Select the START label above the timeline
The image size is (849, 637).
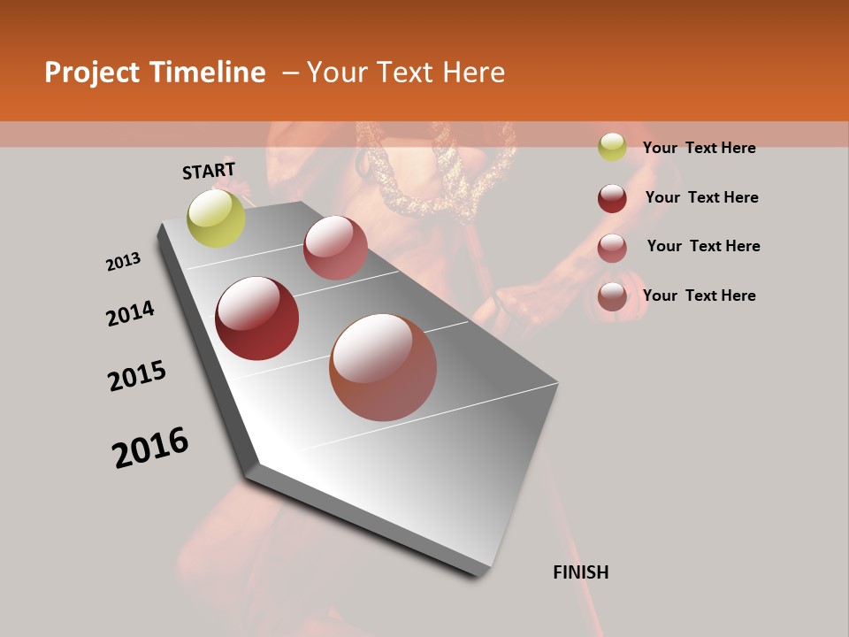tap(209, 171)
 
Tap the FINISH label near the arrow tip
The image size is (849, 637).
tap(581, 572)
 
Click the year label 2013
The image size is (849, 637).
tap(123, 262)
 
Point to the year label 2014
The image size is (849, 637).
tap(131, 314)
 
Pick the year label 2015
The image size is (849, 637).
tap(137, 376)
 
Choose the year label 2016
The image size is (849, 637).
tap(150, 448)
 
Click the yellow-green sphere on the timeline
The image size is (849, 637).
tap(217, 218)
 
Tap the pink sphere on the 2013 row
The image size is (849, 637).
tap(335, 248)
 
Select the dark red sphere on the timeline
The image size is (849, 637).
tap(257, 318)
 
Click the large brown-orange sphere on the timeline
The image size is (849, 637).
tap(383, 367)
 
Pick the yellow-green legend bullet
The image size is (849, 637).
tap(612, 147)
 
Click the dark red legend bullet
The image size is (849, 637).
tap(612, 198)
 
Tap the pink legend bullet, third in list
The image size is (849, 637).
tap(612, 248)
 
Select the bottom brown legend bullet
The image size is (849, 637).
tap(612, 296)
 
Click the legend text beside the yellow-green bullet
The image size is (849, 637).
tap(699, 148)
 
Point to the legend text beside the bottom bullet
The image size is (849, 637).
tap(699, 295)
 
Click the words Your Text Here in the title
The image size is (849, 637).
tap(406, 73)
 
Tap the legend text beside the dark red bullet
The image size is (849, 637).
tap(701, 197)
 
